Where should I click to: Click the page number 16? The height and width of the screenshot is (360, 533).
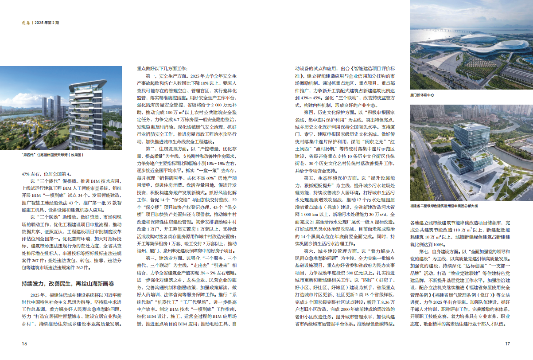pyautogui.click(x=25, y=344)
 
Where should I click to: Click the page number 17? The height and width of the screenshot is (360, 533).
pyautogui.click(x=508, y=344)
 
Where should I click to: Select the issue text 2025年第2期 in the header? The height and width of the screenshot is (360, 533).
pyautogui.click(x=47, y=22)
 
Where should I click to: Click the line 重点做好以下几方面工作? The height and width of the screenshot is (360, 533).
pyautogui.click(x=162, y=69)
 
